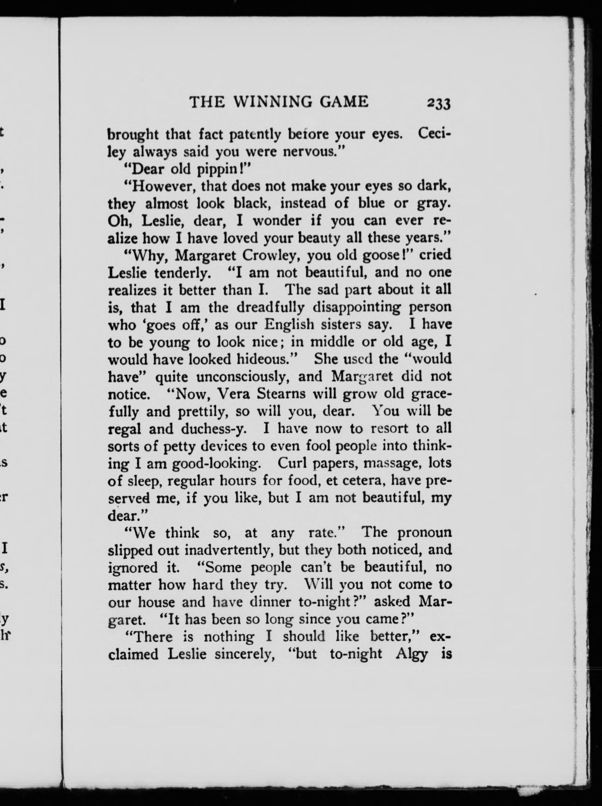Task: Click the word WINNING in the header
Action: [x=272, y=102]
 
